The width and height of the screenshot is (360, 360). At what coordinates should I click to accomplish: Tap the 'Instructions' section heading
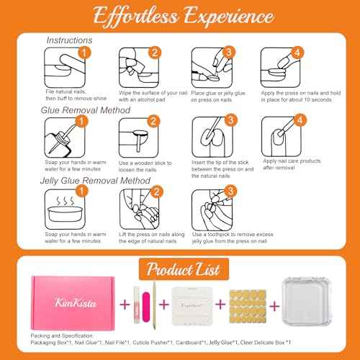[69, 41]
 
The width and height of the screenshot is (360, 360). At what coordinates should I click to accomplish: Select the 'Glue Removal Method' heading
[86, 110]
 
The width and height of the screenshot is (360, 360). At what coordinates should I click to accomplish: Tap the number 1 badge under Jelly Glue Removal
[85, 191]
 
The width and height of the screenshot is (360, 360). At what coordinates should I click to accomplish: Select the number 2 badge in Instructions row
[154, 53]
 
